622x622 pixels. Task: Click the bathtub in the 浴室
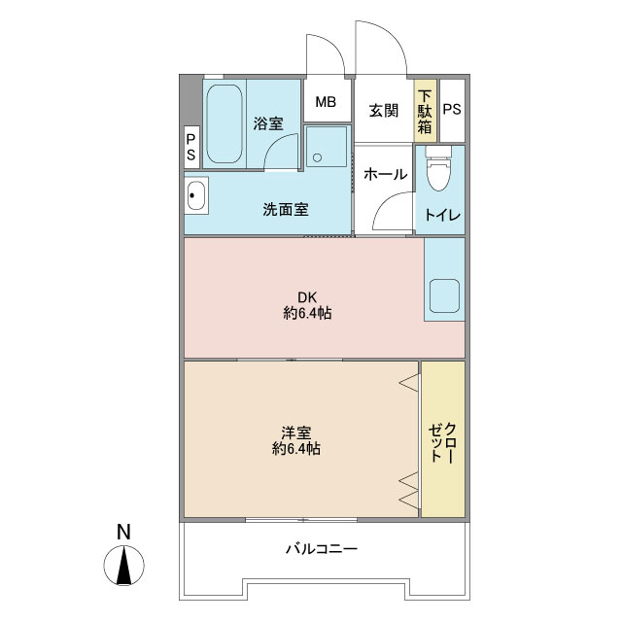tap(225, 123)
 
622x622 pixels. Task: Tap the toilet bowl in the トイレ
tap(438, 169)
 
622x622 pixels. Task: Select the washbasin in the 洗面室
tap(196, 195)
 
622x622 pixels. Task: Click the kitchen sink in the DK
tap(445, 295)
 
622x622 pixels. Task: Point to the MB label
tap(326, 102)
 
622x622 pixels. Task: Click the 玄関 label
tap(384, 110)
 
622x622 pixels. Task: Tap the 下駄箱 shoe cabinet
tap(426, 111)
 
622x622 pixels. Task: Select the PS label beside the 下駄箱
tap(452, 109)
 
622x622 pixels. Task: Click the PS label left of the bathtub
tap(191, 147)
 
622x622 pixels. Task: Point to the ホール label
tap(385, 174)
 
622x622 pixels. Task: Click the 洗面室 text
tap(286, 210)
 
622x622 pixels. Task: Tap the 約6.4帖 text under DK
tap(307, 313)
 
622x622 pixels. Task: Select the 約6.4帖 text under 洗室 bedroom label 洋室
tap(296, 449)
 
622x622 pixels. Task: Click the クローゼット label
tap(442, 443)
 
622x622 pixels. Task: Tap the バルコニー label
tap(322, 549)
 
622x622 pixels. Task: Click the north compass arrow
tap(124, 566)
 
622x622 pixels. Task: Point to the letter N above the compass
tap(123, 533)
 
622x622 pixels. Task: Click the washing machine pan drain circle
tap(318, 157)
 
